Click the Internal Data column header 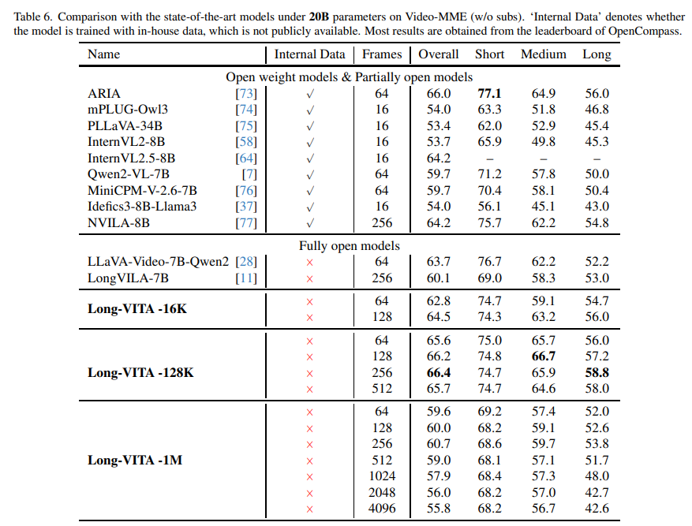point(309,54)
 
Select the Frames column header point(382,54)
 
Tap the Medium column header point(544,54)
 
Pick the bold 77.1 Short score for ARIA point(489,94)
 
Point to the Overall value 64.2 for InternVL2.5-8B point(439,159)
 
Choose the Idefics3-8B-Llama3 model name point(142,207)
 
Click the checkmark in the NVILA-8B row point(309,222)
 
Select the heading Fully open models point(349,246)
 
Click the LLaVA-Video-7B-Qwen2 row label point(158,262)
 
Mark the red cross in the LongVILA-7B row point(309,278)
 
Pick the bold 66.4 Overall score point(439,373)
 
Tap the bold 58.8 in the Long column point(597,373)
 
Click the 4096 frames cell point(382,509)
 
